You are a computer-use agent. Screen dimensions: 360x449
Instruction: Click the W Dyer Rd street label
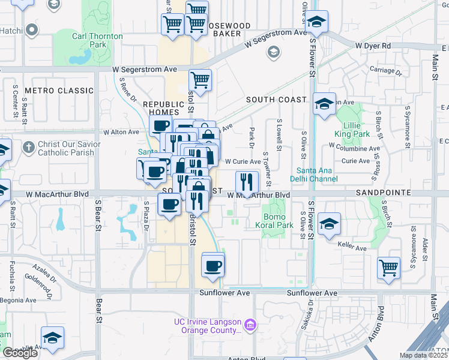[372, 46]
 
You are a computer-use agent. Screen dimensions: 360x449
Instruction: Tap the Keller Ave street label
[352, 247]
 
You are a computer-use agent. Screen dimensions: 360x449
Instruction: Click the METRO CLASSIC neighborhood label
[59, 91]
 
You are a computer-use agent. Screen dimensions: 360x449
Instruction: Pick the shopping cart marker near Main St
[388, 267]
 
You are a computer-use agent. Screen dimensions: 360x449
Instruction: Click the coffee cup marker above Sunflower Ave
[212, 265]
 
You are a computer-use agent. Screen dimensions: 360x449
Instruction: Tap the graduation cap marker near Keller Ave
[330, 224]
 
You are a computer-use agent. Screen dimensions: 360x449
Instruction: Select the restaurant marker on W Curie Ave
[247, 180]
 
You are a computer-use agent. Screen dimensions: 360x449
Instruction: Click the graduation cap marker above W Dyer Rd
[316, 23]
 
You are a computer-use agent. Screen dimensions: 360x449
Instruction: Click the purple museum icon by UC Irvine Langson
[250, 326]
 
